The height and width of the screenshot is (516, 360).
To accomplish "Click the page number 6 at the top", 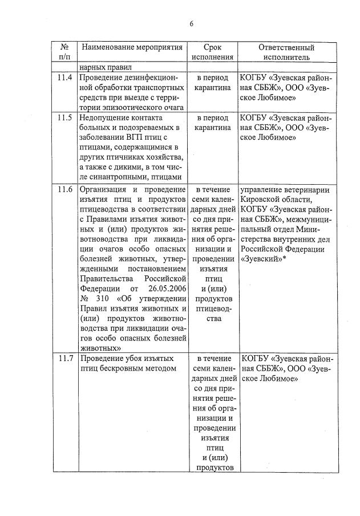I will pos(192,23).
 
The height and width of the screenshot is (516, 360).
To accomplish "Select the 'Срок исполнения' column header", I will pos(212,52).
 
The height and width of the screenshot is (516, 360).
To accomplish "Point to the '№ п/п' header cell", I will pos(64,52).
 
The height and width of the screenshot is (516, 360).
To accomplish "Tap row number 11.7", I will pos(65,359).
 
